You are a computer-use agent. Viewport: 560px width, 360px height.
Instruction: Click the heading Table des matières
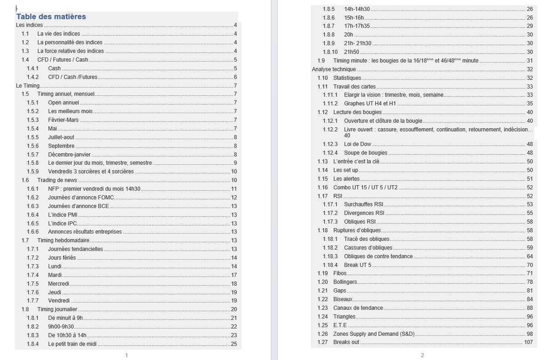coord(51,17)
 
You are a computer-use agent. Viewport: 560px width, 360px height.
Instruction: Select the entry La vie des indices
coord(58,34)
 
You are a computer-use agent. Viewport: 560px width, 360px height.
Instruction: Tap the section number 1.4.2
coord(33,77)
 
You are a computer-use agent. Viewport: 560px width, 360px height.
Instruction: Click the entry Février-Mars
coord(63,120)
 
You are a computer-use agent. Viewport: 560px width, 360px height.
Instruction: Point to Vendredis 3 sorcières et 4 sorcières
coord(91,172)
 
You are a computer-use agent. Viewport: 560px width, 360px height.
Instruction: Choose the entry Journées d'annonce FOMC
coord(81,198)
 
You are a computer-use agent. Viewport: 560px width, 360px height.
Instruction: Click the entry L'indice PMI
coord(62,215)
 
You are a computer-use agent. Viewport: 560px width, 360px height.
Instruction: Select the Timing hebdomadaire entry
coord(63,240)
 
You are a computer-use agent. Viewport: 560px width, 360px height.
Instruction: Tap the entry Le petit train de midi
coord(72,344)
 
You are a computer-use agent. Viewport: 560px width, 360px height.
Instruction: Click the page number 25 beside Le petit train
coord(234,344)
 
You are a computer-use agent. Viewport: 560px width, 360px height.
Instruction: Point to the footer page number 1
coord(126,355)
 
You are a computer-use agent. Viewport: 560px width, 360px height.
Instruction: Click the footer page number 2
coord(422,355)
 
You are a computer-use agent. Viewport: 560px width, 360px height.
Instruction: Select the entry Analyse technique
coord(334,69)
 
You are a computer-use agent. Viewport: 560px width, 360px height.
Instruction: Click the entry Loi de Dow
coord(358,144)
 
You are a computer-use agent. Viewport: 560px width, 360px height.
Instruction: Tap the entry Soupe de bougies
coord(365,153)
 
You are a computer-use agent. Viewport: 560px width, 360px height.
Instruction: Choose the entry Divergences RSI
coord(364,213)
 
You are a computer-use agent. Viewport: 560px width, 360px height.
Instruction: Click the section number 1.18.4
coord(330,265)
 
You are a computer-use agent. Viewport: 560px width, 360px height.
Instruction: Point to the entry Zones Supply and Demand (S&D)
coord(374,334)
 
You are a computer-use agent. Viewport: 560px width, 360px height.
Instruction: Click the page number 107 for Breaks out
coord(528,342)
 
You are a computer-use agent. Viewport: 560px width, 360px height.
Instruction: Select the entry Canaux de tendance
coord(358,308)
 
